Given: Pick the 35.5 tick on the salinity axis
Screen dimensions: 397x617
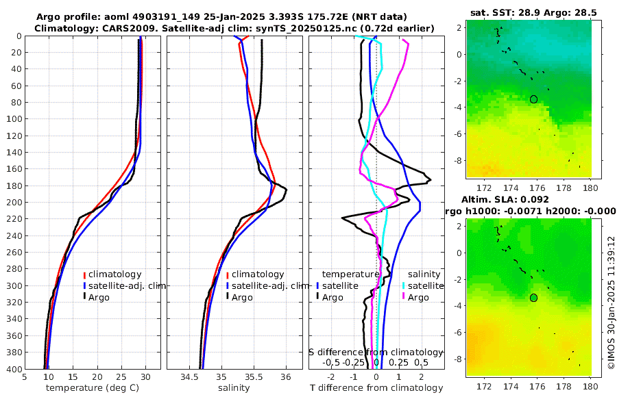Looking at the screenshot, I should tap(253, 376).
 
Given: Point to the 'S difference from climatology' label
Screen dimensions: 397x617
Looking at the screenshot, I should tap(376, 351).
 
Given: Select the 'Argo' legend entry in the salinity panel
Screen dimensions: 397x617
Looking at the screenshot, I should tap(242, 297).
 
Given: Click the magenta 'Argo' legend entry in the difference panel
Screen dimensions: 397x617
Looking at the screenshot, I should tap(418, 297).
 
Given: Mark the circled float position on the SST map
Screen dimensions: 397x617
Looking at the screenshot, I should tap(533, 99).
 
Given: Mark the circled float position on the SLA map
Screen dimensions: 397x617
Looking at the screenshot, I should tap(533, 298).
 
